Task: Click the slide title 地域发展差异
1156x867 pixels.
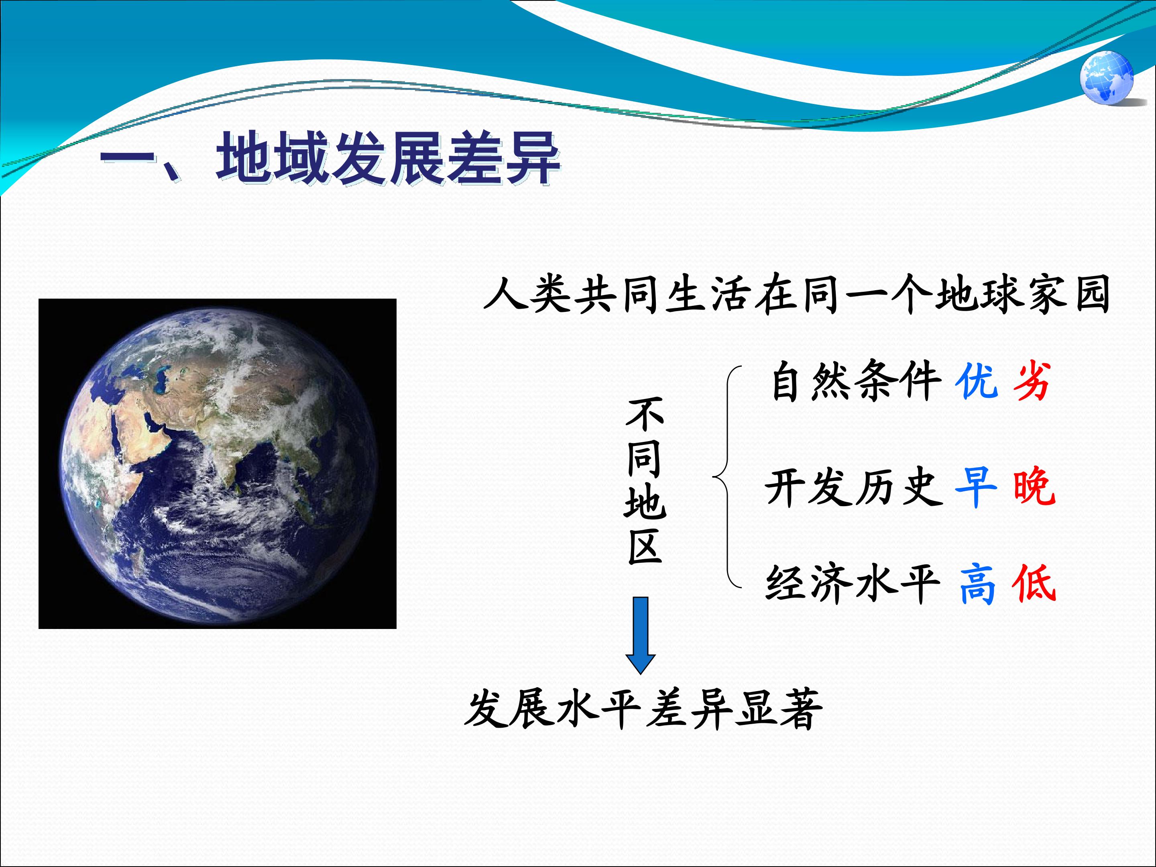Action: point(388,158)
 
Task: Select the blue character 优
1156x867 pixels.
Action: point(976,381)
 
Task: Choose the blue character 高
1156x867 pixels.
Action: point(977,584)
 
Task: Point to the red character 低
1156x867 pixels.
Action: point(1034,584)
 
